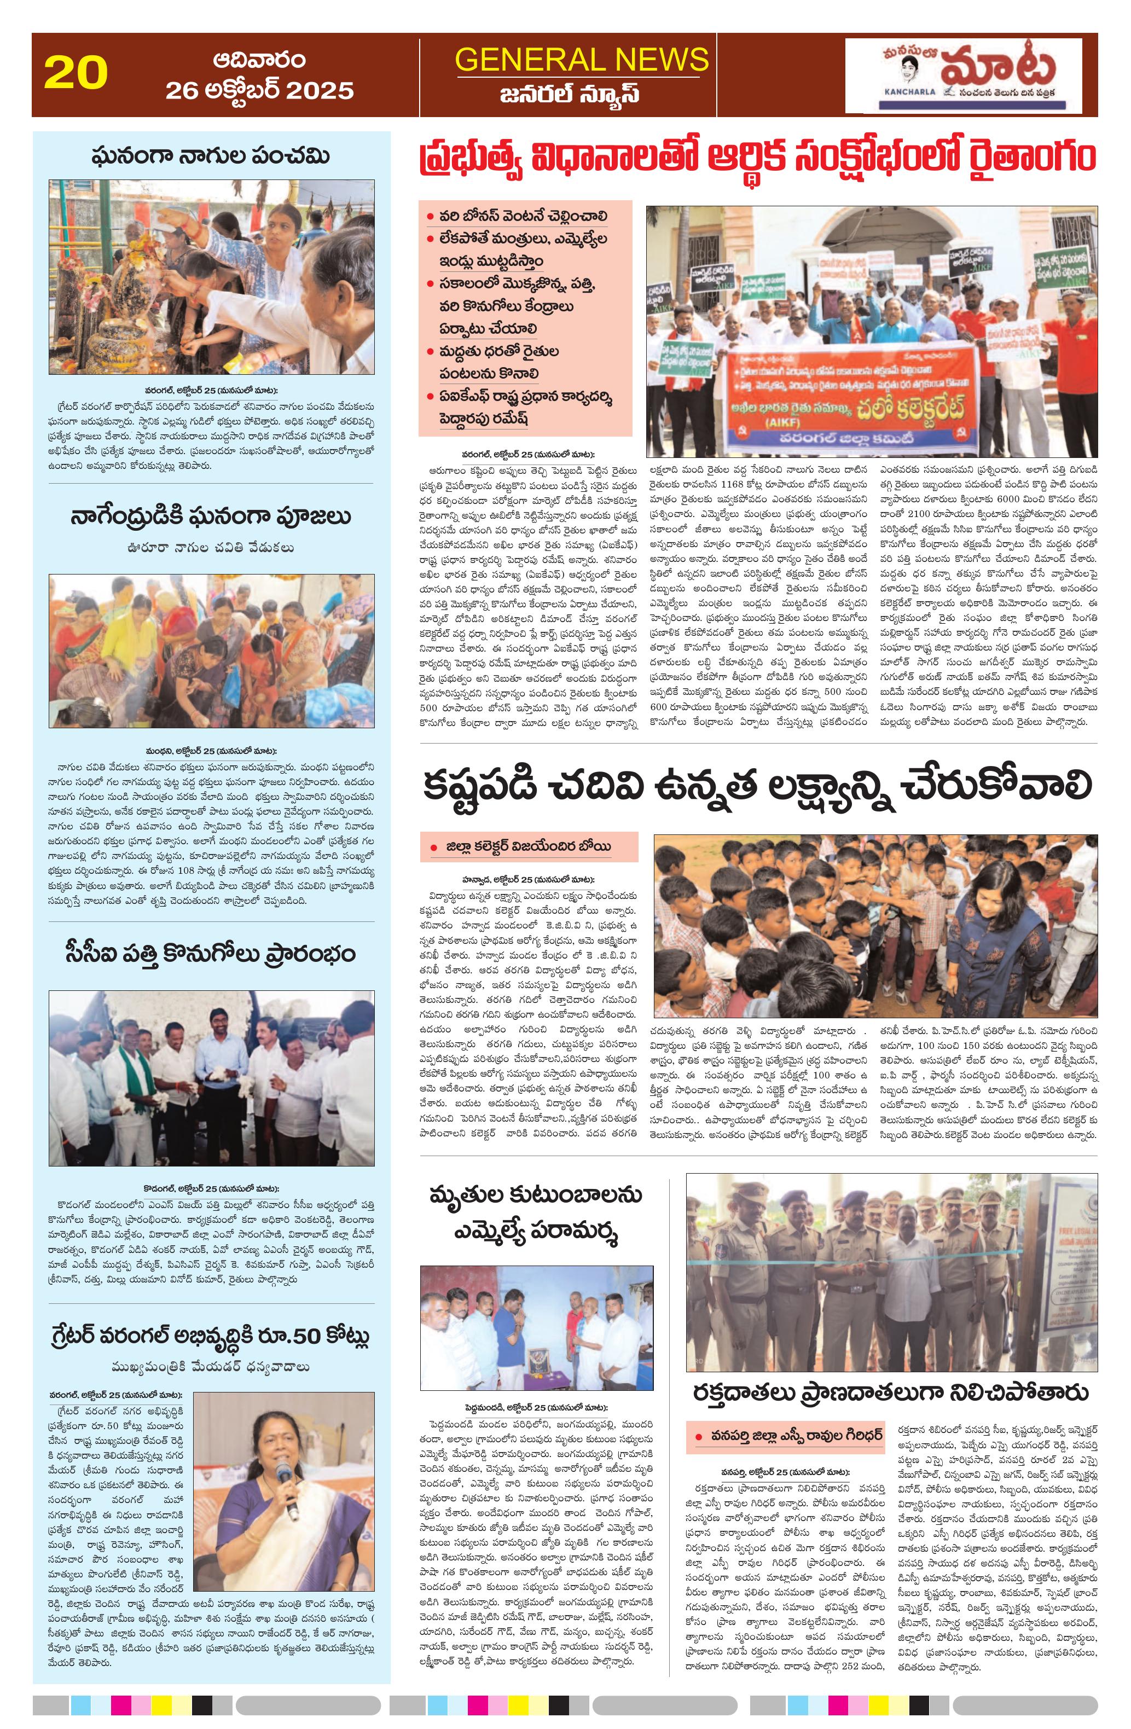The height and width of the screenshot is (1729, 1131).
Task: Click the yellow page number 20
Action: click(x=76, y=73)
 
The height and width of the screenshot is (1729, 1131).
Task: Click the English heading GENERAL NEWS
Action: click(x=581, y=59)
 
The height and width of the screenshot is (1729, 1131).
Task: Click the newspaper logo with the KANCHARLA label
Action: click(x=962, y=76)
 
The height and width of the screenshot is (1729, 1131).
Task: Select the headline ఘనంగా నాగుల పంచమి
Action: click(x=211, y=156)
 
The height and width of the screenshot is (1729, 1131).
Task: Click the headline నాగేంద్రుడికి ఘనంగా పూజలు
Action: click(x=211, y=517)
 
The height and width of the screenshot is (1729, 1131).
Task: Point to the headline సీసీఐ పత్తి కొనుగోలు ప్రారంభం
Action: click(x=211, y=953)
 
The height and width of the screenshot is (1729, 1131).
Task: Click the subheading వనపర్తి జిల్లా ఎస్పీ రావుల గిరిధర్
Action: click(x=788, y=1436)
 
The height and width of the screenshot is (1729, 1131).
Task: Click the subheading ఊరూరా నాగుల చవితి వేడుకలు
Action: click(x=211, y=548)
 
